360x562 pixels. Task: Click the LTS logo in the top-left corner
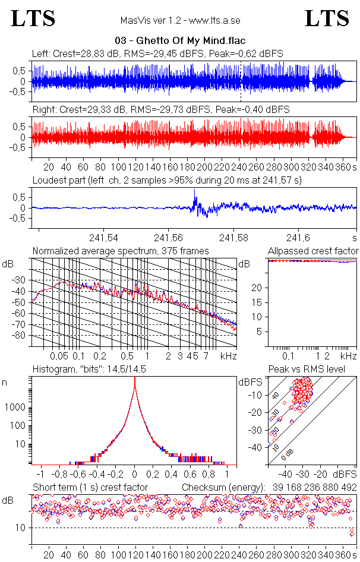tap(33, 18)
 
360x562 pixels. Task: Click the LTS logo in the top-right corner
tap(327, 18)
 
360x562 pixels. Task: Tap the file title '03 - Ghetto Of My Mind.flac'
tap(179, 40)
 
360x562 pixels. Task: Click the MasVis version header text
tap(180, 20)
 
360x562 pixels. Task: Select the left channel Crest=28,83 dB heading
tap(157, 53)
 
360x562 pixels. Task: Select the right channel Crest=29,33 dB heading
tap(160, 109)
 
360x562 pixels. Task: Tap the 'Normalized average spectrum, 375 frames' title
tap(121, 251)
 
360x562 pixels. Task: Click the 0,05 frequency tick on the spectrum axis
tap(59, 356)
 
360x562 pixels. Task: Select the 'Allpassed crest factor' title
tap(313, 251)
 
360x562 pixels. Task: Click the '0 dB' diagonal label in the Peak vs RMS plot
tap(288, 453)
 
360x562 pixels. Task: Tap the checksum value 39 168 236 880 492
tap(314, 487)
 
